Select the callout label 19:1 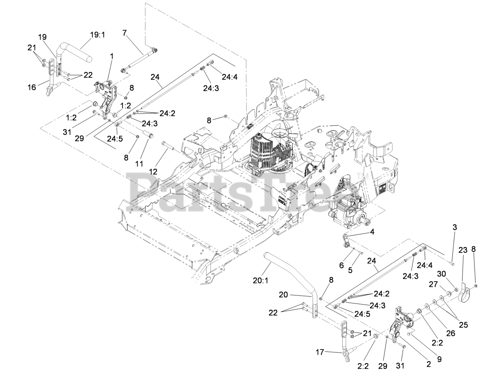(x=97, y=35)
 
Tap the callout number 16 (x=32, y=87)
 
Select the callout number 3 (x=455, y=227)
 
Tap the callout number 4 (x=372, y=233)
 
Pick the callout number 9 (x=439, y=359)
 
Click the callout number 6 (x=341, y=265)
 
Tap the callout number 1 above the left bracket (x=112, y=56)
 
